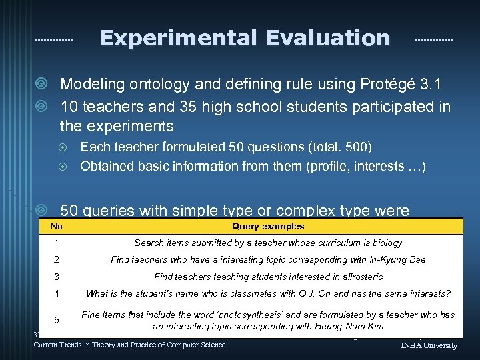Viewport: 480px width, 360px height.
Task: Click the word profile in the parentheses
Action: (x=329, y=166)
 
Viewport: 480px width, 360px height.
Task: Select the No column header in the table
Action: (x=57, y=227)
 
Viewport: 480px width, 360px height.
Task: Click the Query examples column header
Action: (x=268, y=227)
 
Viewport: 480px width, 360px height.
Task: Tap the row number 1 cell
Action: (x=57, y=243)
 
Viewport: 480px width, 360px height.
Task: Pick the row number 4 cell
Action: (x=57, y=293)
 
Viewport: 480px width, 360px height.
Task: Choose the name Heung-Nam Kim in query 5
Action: (x=352, y=326)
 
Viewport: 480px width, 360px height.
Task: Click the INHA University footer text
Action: (x=429, y=345)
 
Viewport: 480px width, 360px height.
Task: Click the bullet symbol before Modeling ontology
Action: (x=42, y=85)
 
